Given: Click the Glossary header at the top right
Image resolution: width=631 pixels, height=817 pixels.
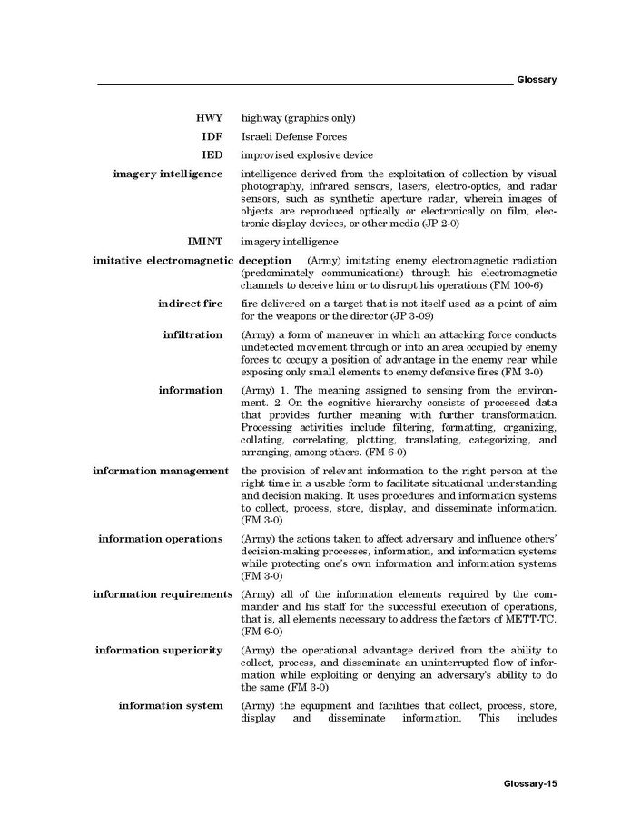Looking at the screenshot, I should click(x=536, y=80).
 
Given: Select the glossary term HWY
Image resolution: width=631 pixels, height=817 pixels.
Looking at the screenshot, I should click(x=209, y=118).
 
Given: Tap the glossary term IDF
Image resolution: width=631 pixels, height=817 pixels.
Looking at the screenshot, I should click(x=212, y=136).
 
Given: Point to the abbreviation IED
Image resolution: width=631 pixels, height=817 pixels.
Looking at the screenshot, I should click(x=212, y=154).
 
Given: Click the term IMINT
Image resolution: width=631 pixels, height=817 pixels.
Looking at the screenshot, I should click(x=205, y=242).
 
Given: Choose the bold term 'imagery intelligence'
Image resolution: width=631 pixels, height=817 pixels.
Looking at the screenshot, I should click(x=168, y=174).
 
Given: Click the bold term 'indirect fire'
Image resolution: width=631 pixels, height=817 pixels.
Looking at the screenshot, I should click(x=190, y=304).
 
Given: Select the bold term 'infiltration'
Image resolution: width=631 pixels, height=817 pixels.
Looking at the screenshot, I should click(x=192, y=334).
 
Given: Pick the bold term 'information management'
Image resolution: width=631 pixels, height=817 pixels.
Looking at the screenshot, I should click(x=161, y=471).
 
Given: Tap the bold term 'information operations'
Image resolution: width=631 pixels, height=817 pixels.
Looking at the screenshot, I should click(x=161, y=539).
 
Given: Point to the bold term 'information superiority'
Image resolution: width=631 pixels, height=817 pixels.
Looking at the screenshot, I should click(x=159, y=651).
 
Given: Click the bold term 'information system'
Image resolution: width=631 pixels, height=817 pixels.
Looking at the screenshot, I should click(x=171, y=706).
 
